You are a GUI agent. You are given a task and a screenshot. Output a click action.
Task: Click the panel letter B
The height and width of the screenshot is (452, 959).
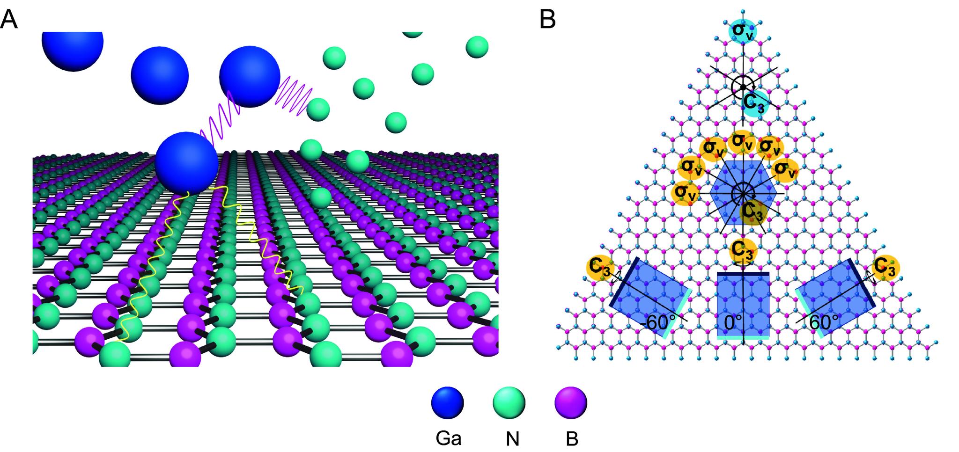(x=548, y=20)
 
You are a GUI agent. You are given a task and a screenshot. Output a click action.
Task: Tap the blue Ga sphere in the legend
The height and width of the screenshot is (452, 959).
(x=447, y=402)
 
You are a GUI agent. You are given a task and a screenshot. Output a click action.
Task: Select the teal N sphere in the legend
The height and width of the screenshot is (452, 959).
(x=509, y=402)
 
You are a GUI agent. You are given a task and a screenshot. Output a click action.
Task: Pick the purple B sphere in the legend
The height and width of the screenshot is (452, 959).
(x=570, y=402)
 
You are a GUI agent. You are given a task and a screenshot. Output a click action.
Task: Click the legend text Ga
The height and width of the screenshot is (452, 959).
(x=449, y=439)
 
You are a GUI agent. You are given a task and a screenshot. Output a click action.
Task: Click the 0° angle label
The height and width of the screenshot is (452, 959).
(x=733, y=323)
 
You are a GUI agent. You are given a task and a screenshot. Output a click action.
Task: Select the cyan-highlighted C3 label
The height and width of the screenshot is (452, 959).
(x=753, y=104)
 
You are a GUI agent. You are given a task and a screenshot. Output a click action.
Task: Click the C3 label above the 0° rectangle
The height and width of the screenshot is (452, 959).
(x=743, y=250)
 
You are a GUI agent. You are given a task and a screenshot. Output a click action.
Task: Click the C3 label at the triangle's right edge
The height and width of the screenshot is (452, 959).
(x=885, y=268)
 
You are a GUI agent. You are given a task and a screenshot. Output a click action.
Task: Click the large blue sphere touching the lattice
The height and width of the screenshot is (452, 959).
(x=186, y=162)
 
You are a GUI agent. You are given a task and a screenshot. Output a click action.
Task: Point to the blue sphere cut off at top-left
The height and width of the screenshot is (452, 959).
(x=73, y=47)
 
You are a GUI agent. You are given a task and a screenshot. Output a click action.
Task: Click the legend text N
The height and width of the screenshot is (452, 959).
(x=512, y=439)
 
